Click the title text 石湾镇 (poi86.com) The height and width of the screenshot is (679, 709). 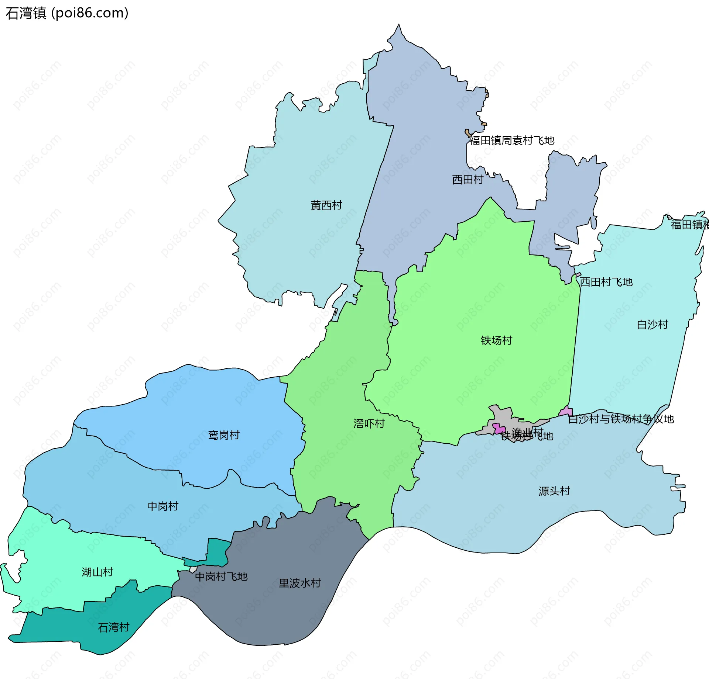(x=67, y=13)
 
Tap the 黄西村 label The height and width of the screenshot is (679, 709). (x=326, y=205)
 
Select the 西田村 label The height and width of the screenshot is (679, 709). (x=467, y=180)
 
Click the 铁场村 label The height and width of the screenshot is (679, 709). (x=496, y=340)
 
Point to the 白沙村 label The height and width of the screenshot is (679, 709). (x=653, y=325)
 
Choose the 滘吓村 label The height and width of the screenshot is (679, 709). (x=369, y=423)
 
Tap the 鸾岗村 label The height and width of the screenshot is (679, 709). (x=224, y=435)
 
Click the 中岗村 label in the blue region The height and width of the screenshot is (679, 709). (x=162, y=506)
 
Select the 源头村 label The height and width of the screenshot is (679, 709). (x=554, y=491)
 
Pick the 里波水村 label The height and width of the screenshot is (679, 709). (x=299, y=583)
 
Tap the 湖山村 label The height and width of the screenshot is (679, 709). (x=97, y=572)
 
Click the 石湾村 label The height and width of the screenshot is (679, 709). (x=113, y=627)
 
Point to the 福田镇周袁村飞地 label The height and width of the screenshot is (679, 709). (x=512, y=141)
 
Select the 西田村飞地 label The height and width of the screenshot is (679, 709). (x=606, y=282)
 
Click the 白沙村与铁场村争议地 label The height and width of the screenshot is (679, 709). (x=621, y=419)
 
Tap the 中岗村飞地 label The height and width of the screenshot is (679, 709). (x=221, y=576)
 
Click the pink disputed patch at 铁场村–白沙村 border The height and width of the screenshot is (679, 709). (x=566, y=411)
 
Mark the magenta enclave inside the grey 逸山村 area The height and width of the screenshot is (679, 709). (x=499, y=429)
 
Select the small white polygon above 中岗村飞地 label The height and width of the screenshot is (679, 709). (x=193, y=569)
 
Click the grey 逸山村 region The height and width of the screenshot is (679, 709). (x=503, y=415)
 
